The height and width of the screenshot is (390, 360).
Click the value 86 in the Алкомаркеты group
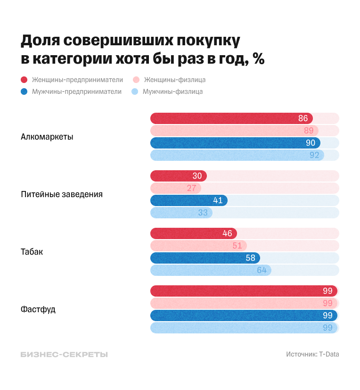[x=303, y=118]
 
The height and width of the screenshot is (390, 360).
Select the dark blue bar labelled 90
[x=236, y=143]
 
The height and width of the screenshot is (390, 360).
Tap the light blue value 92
[x=314, y=155]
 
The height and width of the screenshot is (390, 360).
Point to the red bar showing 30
[x=178, y=176]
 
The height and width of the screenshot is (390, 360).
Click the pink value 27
[x=191, y=188]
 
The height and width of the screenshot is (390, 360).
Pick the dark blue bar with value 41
[x=188, y=200]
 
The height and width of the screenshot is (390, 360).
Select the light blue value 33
[x=203, y=213]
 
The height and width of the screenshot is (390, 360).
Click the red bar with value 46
[x=193, y=233]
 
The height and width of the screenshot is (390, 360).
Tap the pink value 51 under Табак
[x=237, y=246]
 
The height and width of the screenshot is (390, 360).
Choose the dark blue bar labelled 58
[x=205, y=258]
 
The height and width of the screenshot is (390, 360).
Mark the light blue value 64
[x=262, y=270]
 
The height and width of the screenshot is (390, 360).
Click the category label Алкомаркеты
[x=47, y=137]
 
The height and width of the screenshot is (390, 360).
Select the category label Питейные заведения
[x=61, y=194]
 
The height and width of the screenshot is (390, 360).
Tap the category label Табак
[x=32, y=252]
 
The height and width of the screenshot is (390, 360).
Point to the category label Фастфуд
[x=38, y=309]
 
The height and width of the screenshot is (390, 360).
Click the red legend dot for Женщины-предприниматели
[x=24, y=80]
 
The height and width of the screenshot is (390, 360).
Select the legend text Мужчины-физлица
[x=172, y=91]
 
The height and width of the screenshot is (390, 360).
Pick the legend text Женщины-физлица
[x=174, y=80]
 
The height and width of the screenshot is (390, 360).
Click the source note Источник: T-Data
[x=312, y=355]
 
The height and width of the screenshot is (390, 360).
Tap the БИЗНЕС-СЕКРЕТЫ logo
[x=64, y=355]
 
